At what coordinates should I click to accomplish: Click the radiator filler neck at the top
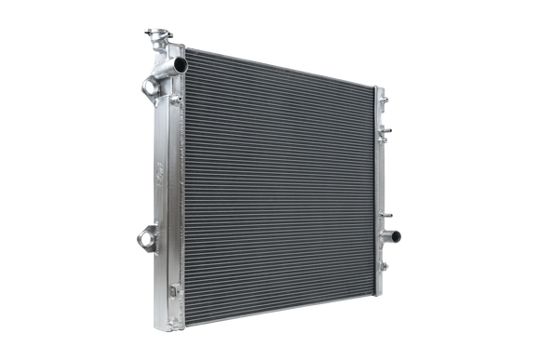155,36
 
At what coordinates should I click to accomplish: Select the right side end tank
381,181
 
